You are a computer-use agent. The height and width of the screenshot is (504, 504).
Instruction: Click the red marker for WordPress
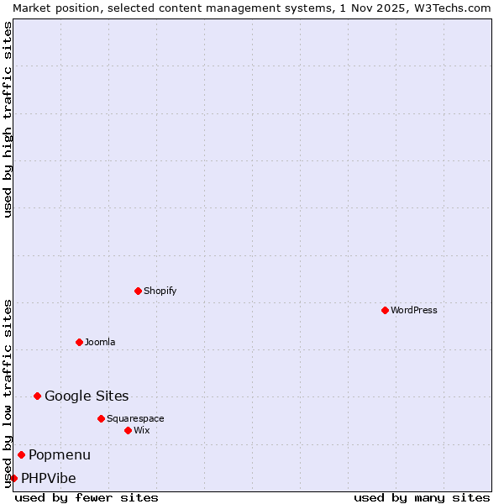(x=385, y=310)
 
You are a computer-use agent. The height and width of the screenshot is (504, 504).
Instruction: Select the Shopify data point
(x=138, y=291)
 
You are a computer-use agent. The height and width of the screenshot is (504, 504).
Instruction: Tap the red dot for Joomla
(x=79, y=342)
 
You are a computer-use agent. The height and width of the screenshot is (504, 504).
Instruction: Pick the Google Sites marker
(x=37, y=396)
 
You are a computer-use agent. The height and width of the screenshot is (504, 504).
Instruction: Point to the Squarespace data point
(x=101, y=418)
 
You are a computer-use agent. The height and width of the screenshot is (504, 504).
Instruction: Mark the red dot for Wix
(x=128, y=430)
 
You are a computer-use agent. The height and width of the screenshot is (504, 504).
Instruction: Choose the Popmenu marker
(x=21, y=454)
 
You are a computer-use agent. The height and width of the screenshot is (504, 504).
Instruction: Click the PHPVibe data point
(x=13, y=478)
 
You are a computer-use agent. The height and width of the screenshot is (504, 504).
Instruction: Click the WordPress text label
(x=414, y=310)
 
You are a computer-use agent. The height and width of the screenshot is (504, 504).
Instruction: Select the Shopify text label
(x=160, y=291)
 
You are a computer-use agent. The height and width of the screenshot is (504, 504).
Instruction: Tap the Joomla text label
(x=100, y=342)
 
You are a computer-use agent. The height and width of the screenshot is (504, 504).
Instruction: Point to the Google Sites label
(x=87, y=396)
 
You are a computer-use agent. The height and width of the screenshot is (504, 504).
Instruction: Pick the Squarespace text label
(x=135, y=418)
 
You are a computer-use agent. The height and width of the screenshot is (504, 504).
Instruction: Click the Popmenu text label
(x=60, y=454)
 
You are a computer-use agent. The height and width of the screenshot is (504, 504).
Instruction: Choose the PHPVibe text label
(x=49, y=478)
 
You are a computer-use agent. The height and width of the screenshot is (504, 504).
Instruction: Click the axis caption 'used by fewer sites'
(x=87, y=497)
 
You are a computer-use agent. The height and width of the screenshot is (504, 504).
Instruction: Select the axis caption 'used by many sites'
(x=422, y=497)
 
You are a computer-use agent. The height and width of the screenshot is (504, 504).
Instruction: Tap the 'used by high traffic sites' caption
(x=8, y=119)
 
